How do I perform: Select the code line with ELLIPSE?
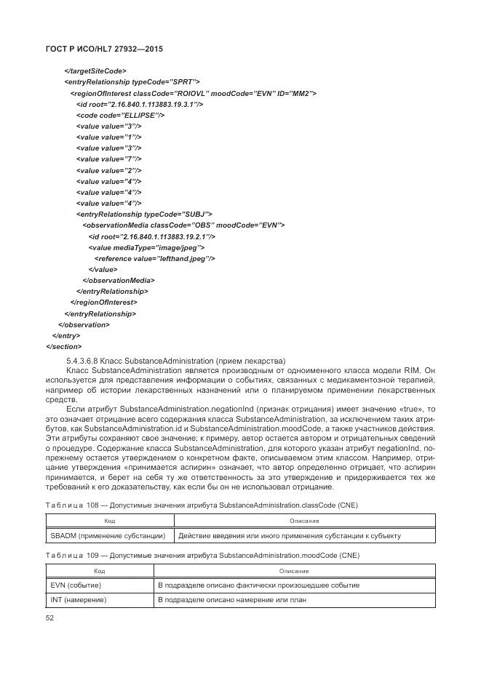click(x=120, y=115)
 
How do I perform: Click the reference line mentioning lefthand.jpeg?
click(x=154, y=258)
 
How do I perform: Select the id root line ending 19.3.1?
click(x=139, y=104)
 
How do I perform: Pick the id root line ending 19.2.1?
click(x=151, y=236)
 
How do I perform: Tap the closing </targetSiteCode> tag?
click(x=95, y=71)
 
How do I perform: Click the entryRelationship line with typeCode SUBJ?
click(x=144, y=214)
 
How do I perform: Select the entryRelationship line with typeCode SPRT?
click(x=132, y=82)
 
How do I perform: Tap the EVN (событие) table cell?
click(x=76, y=585)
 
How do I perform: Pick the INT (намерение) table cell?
click(x=79, y=600)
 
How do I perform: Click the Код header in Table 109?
click(x=100, y=571)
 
